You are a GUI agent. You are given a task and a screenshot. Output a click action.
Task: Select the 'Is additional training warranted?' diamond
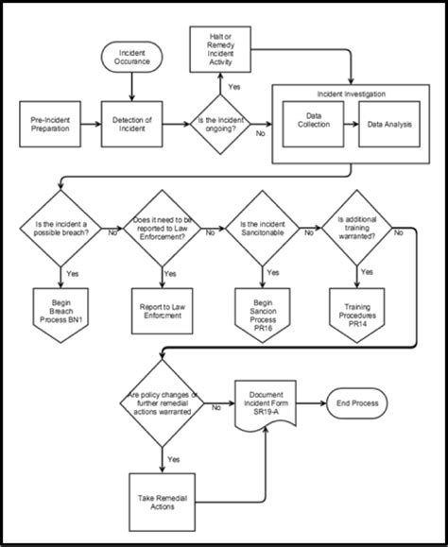pos(360,227)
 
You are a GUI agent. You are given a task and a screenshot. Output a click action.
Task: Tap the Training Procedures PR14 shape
pos(360,308)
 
